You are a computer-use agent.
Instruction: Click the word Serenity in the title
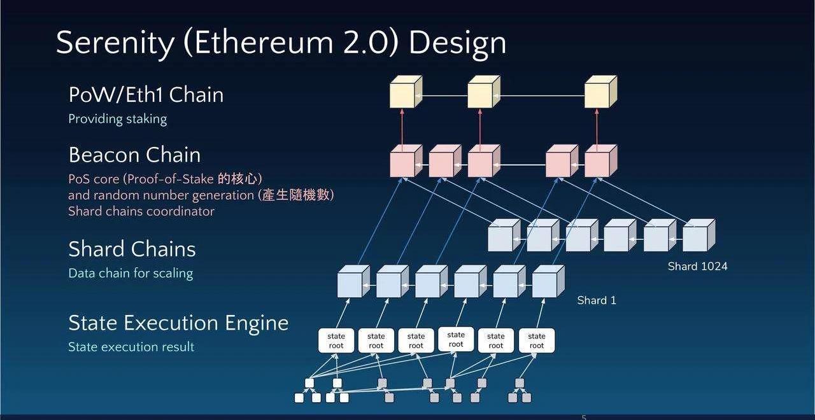pyautogui.click(x=115, y=43)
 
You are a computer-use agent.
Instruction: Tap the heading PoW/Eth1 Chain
pyautogui.click(x=146, y=95)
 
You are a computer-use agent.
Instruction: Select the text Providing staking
pyautogui.click(x=117, y=119)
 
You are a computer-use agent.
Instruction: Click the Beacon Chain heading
pyautogui.click(x=134, y=155)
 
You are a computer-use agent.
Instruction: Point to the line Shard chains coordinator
pyautogui.click(x=141, y=211)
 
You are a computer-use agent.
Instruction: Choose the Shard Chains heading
pyautogui.click(x=132, y=249)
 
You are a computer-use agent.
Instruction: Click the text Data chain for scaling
pyautogui.click(x=131, y=273)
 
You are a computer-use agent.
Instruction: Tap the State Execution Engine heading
pyautogui.click(x=178, y=323)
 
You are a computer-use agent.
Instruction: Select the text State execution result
pyautogui.click(x=131, y=347)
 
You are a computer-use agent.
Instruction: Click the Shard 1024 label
pyautogui.click(x=697, y=267)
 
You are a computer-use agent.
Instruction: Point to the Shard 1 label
pyautogui.click(x=597, y=300)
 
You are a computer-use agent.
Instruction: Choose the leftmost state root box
pyautogui.click(x=336, y=341)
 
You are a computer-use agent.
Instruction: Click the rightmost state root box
pyautogui.click(x=537, y=341)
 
